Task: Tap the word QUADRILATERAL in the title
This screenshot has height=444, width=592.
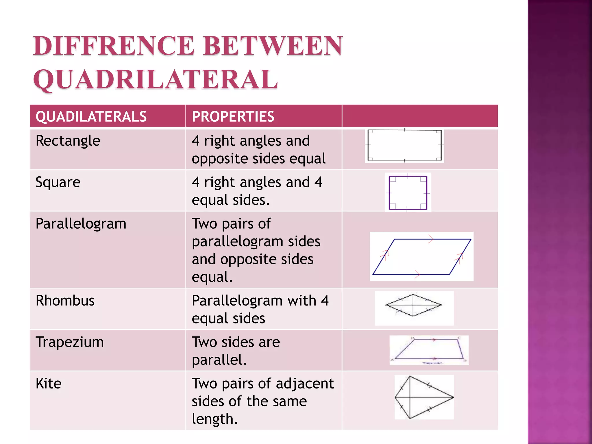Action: coord(156,79)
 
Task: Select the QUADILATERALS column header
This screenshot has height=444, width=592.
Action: coord(91,116)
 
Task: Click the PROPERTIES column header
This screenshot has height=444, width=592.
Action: coord(233,116)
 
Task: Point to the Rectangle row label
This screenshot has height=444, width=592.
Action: coord(68,141)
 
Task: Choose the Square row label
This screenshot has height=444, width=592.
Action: coord(58,182)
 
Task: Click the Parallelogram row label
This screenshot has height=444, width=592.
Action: coord(81,224)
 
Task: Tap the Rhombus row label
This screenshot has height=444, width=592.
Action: coord(65,301)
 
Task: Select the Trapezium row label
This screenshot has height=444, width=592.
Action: coord(70,342)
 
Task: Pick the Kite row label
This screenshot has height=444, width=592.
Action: coord(49,384)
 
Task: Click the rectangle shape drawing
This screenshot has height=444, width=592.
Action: coord(404,145)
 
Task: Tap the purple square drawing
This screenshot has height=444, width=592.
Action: coord(408,193)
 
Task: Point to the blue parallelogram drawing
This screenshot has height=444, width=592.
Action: coord(421,257)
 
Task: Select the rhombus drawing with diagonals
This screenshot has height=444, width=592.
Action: coord(413,305)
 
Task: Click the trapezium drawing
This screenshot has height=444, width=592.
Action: coord(429,349)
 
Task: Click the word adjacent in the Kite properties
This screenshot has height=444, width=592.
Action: coord(305,384)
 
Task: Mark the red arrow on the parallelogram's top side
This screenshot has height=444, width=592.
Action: coord(431,239)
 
